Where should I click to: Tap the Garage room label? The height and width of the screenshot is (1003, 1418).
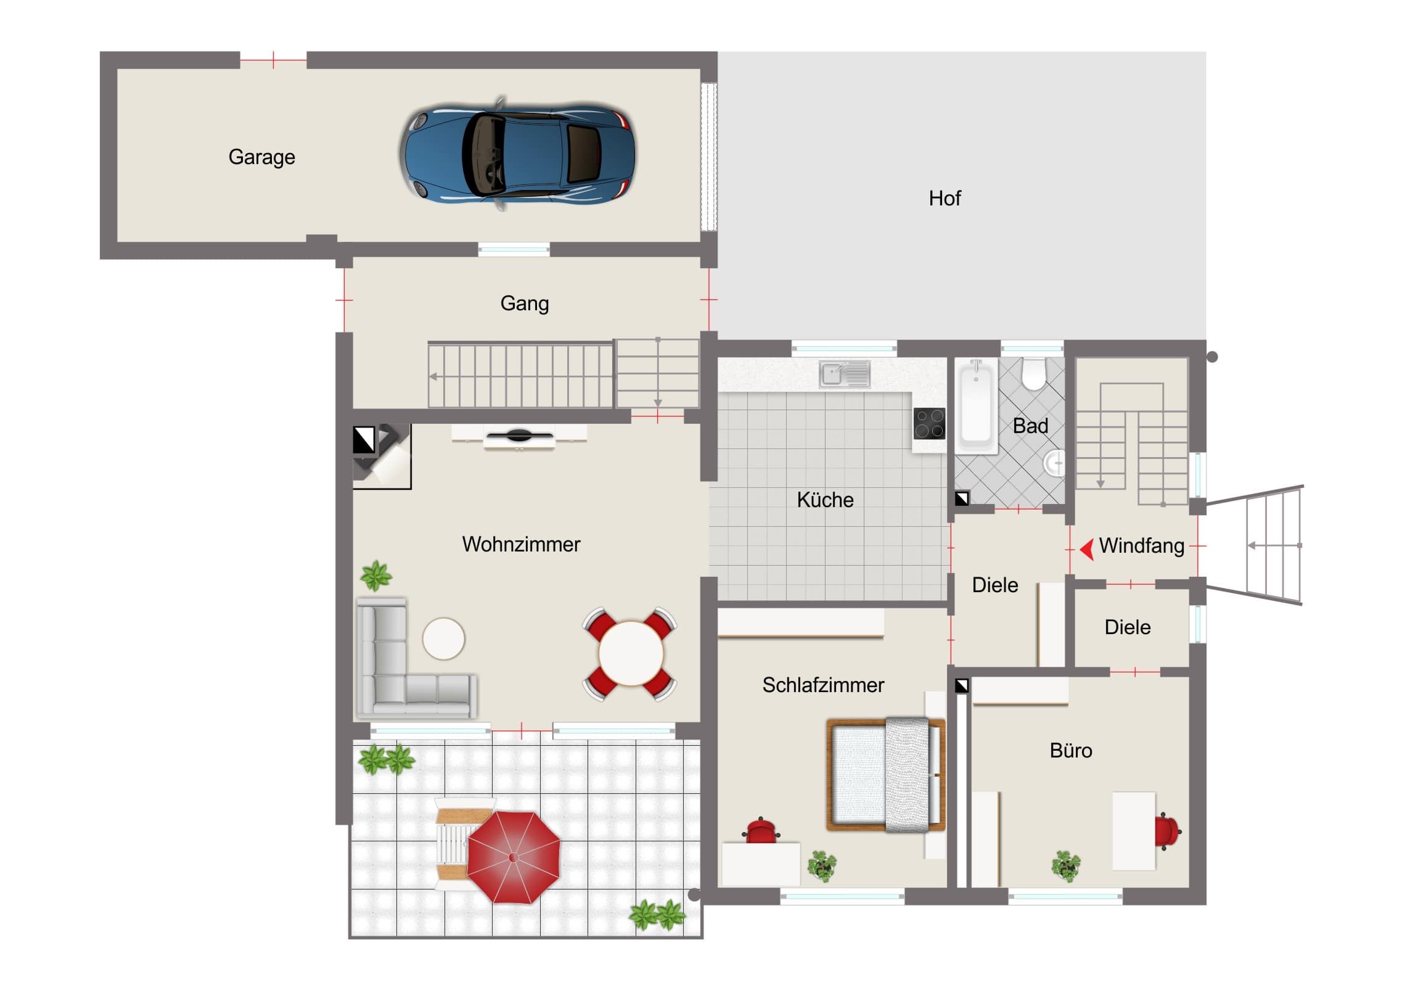262,157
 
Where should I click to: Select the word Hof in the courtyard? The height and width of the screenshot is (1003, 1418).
945,199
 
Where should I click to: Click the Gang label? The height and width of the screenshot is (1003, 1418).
524,303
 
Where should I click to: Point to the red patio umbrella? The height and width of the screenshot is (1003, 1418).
513,857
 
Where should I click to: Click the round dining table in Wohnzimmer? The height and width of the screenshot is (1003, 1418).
631,653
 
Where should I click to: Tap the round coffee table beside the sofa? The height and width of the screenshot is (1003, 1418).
443,638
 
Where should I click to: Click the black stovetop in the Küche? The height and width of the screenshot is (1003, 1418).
929,423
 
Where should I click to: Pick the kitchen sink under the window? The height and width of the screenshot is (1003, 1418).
844,374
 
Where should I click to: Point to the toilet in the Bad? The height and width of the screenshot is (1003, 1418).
1033,374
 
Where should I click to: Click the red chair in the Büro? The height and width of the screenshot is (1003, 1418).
1167,830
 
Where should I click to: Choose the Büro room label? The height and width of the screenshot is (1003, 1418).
1071,750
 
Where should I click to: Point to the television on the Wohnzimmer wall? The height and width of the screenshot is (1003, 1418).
518,436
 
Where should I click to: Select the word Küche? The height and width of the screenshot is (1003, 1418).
825,500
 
